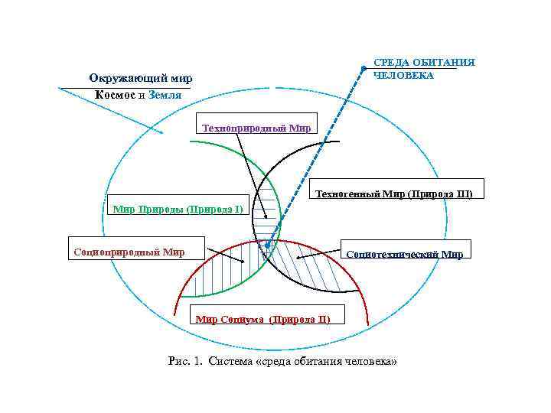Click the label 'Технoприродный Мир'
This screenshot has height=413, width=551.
point(256,128)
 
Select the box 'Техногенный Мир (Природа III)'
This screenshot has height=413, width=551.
point(395,193)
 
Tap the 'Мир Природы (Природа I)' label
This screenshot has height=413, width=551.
point(178,207)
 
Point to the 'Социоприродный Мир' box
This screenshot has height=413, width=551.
point(128,252)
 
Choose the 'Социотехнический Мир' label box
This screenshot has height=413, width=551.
point(404,254)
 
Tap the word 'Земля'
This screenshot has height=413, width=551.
point(165,96)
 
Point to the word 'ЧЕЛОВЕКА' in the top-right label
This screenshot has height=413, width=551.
point(403,76)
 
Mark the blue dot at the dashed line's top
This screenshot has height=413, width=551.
point(363,69)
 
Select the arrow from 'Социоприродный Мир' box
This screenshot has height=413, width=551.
point(222,256)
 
